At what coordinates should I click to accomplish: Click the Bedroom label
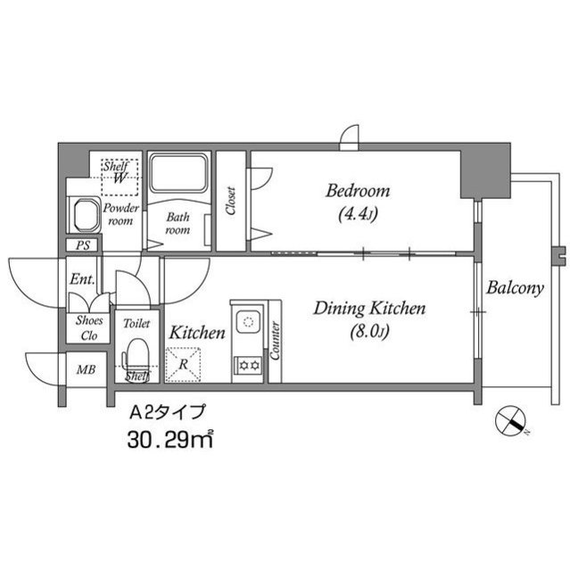tap(357, 191)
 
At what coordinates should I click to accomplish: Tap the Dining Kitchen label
tap(369, 310)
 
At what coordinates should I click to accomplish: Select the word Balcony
tap(515, 288)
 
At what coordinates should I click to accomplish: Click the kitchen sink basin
tap(245, 318)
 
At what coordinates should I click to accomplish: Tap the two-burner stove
tap(245, 364)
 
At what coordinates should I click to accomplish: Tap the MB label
tap(86, 368)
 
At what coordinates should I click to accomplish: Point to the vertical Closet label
tap(231, 202)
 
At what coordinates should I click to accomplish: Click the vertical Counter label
tap(275, 340)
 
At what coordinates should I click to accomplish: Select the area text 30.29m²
tap(169, 439)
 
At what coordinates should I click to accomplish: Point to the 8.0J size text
tap(369, 333)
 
